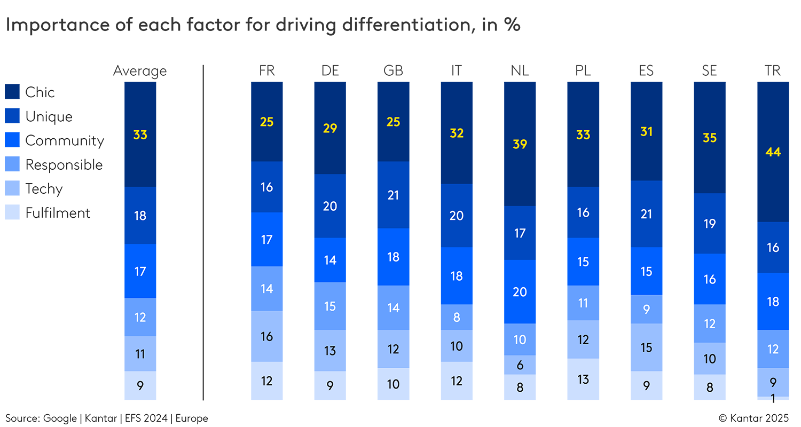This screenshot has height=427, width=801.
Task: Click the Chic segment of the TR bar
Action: pyautogui.click(x=773, y=152)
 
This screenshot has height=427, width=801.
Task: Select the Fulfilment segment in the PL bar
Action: pyautogui.click(x=583, y=379)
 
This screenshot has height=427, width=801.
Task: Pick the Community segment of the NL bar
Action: pyautogui.click(x=520, y=291)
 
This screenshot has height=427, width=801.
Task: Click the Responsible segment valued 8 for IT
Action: pyautogui.click(x=457, y=317)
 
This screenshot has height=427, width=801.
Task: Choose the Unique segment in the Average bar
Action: pyautogui.click(x=140, y=216)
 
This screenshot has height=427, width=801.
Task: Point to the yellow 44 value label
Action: pyautogui.click(x=773, y=152)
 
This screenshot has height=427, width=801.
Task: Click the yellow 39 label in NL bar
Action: pyautogui.click(x=520, y=144)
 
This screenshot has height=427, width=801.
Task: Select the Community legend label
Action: pyautogui.click(x=65, y=141)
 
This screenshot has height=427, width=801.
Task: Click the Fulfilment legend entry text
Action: pyautogui.click(x=58, y=213)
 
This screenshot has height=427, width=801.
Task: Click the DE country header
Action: pyautogui.click(x=330, y=71)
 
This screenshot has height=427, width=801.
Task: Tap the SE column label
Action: pyautogui.click(x=709, y=71)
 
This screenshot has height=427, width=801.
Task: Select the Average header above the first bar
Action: pyautogui.click(x=140, y=71)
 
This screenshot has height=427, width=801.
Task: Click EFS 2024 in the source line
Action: pyautogui.click(x=145, y=418)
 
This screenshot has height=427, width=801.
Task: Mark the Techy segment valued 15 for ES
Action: pyautogui.click(x=646, y=347)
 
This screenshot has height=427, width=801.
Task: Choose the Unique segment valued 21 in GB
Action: pyautogui.click(x=393, y=195)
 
